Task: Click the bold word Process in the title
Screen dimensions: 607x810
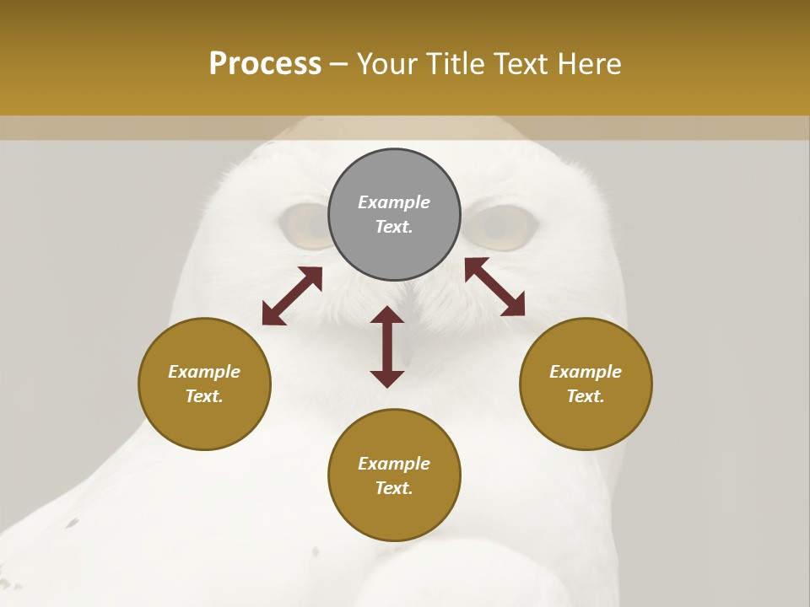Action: tap(265, 64)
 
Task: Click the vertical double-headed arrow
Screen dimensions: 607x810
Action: tap(387, 346)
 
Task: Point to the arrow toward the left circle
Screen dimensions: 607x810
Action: tap(292, 296)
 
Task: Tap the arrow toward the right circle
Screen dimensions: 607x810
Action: tap(494, 287)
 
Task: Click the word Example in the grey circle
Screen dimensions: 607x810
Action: tap(394, 202)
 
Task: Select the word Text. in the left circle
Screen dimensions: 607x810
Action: tap(204, 396)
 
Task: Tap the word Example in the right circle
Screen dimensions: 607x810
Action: tap(586, 372)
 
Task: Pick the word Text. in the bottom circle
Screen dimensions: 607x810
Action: tap(394, 488)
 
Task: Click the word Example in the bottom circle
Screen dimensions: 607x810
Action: tap(394, 464)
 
